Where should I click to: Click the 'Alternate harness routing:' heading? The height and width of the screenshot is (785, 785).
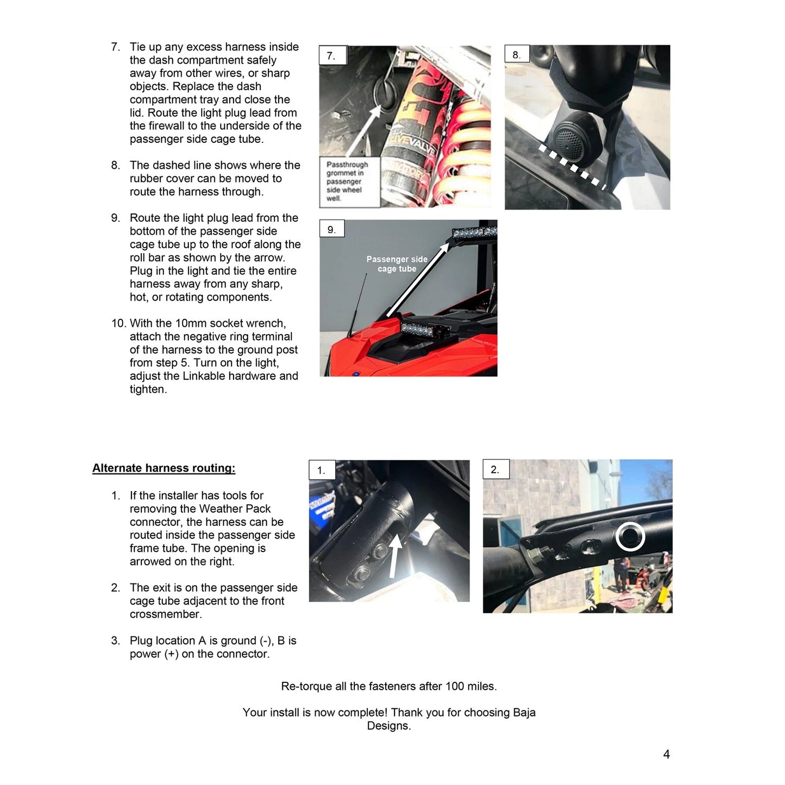coord(164,468)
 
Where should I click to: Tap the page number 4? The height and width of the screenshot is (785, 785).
coord(666,755)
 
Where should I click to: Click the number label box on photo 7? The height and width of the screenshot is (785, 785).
coord(333,55)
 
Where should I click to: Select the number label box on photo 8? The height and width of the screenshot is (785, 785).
coord(517,54)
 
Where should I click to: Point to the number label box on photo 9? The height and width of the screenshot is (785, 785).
coord(332,229)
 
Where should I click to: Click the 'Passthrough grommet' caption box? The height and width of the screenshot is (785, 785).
coord(349,181)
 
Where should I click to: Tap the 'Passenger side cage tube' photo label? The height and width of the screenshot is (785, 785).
coord(397,264)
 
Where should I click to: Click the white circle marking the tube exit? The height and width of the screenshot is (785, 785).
coord(630,537)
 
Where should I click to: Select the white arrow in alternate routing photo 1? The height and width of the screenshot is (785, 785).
coord(395,556)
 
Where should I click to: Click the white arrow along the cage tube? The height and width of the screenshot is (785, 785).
coord(417,280)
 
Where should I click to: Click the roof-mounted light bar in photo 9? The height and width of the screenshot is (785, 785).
coord(475,231)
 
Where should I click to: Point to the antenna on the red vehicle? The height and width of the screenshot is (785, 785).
coord(357,304)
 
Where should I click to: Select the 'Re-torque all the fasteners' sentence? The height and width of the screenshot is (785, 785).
coord(388,686)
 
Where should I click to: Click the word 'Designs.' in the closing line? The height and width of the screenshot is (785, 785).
coord(388,726)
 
